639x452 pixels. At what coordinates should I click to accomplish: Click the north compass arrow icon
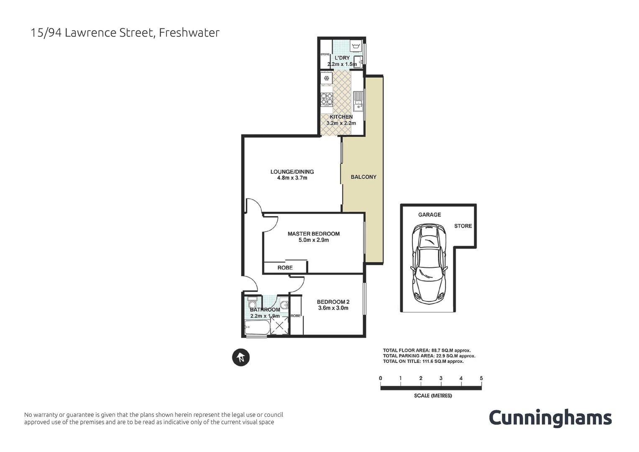(x=241, y=357)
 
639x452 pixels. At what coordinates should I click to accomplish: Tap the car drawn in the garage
(x=429, y=264)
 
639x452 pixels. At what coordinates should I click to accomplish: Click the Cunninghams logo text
(x=550, y=418)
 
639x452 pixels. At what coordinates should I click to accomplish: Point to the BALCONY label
(x=363, y=177)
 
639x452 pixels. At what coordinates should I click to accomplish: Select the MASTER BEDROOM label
(x=314, y=234)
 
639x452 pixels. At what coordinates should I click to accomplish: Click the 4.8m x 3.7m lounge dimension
(x=292, y=178)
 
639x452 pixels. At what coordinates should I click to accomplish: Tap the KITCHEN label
(x=341, y=117)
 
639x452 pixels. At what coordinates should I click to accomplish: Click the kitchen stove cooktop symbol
(x=327, y=99)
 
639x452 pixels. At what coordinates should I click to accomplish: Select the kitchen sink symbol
(x=358, y=101)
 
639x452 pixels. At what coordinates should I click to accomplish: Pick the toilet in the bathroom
(x=252, y=302)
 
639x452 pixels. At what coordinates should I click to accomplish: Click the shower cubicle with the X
(x=279, y=326)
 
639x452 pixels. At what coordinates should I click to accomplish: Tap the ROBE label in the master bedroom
(x=285, y=268)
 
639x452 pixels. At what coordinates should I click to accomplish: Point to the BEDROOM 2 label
(x=333, y=302)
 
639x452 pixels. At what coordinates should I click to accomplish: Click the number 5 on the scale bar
(x=481, y=378)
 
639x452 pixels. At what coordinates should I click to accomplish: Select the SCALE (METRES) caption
(x=433, y=395)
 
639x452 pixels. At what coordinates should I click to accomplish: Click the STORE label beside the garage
(x=463, y=226)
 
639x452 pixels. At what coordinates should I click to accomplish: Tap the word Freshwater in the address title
(x=189, y=33)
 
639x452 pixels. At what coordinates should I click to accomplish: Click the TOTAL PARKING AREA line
(x=429, y=356)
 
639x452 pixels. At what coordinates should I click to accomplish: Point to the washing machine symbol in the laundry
(x=356, y=46)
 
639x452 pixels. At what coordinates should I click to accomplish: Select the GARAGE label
(x=429, y=215)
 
